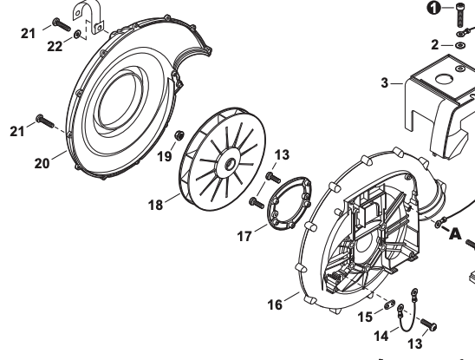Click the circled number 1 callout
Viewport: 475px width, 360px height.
coord(433,8)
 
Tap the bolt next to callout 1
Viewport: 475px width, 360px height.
coord(460,15)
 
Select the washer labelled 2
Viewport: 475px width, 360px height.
coord(460,45)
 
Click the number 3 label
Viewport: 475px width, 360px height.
coord(385,82)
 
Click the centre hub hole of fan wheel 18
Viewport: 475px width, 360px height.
coord(230,164)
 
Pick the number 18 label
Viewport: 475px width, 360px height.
coord(155,206)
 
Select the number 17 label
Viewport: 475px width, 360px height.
coord(244,236)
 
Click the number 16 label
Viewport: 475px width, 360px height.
coord(275,304)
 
